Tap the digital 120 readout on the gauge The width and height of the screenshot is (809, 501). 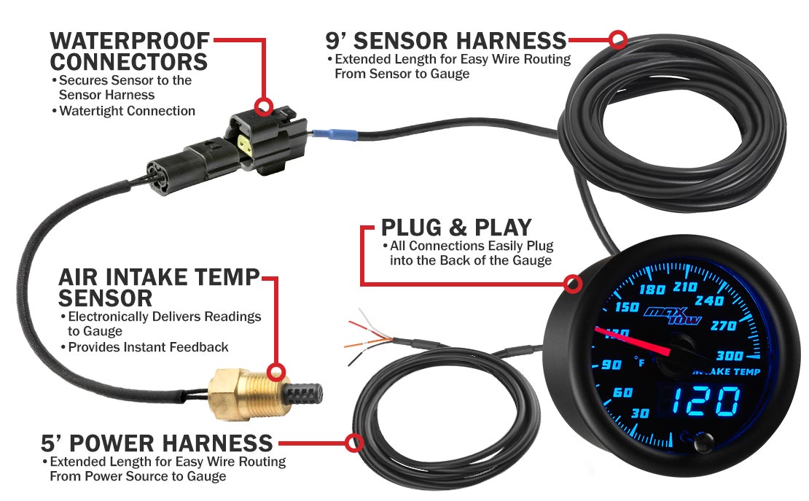[x=707, y=402]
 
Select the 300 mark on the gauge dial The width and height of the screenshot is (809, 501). [x=730, y=356]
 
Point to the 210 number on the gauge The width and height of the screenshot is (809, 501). [x=685, y=287]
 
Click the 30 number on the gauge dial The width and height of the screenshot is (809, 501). [x=640, y=413]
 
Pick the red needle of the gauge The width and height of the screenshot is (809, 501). [x=633, y=341]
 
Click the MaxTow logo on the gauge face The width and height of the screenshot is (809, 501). [x=672, y=315]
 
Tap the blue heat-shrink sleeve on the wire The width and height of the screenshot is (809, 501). [x=335, y=135]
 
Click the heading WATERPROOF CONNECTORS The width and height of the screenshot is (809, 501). [x=130, y=51]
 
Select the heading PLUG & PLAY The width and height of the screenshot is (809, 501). [x=456, y=228]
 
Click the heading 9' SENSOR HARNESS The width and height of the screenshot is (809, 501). [x=446, y=41]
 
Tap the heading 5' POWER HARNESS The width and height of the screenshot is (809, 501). [x=157, y=443]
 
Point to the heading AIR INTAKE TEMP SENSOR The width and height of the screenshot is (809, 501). [x=159, y=287]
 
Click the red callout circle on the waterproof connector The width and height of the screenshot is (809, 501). [x=264, y=106]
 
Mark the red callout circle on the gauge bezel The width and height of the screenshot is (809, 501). [x=572, y=284]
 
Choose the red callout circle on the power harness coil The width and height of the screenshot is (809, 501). [x=354, y=443]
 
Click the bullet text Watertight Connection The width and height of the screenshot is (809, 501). [x=127, y=111]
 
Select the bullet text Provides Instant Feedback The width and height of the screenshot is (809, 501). [x=148, y=347]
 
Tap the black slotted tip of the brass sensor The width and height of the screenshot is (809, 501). [x=305, y=395]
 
